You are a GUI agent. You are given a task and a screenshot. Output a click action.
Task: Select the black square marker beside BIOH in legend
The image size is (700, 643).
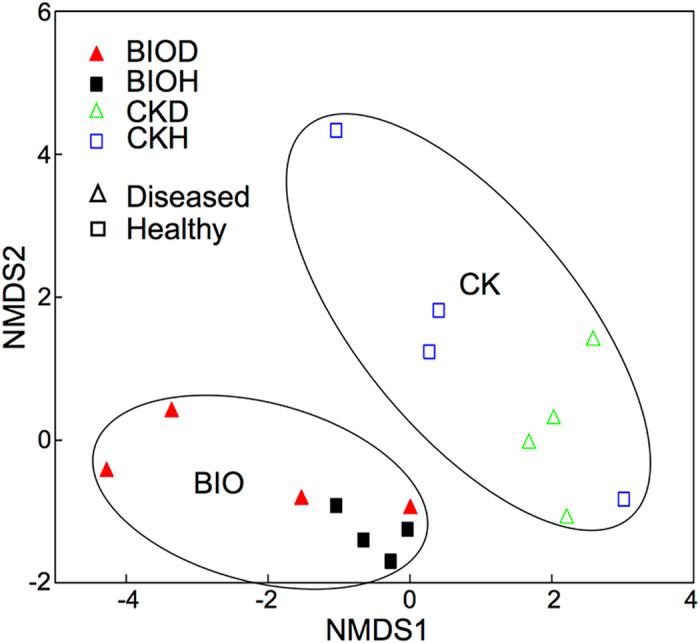[x=97, y=83]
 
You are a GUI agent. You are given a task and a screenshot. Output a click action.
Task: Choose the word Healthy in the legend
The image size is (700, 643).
[x=177, y=229]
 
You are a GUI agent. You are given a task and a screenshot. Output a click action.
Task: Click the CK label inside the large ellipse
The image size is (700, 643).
[x=479, y=287]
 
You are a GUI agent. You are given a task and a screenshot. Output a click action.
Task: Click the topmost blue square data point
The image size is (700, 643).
[x=336, y=130]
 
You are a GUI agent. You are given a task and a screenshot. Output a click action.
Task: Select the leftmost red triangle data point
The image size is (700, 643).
[x=107, y=470]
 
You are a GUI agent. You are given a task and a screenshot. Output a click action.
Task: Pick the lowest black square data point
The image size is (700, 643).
[x=391, y=561]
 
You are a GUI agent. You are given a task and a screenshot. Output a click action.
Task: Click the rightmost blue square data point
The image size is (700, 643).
[x=624, y=499]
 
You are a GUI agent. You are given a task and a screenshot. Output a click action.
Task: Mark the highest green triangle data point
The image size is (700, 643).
[x=593, y=339]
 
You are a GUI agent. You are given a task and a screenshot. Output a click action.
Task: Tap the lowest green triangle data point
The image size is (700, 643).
[x=567, y=516]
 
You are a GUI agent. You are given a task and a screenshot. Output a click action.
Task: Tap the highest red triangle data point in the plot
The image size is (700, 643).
[x=171, y=410]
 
